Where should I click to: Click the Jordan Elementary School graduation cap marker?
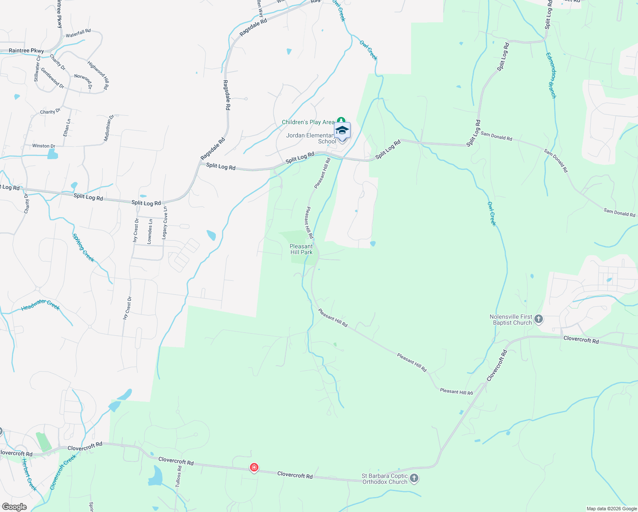[342, 130]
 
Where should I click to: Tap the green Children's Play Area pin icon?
[341, 121]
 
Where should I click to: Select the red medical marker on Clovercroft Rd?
[254, 468]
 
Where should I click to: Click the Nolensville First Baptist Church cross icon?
[539, 319]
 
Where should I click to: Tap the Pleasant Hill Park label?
[301, 249]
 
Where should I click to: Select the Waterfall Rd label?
[78, 33]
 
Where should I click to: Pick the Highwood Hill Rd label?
[98, 75]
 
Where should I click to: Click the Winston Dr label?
[43, 146]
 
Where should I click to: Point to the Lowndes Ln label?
[150, 232]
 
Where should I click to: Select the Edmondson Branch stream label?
[551, 75]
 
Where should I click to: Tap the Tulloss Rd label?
[179, 477]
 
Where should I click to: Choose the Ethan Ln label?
[67, 128]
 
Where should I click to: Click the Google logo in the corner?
[14, 507]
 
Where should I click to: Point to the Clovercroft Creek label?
[63, 472]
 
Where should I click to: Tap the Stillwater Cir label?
[37, 68]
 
